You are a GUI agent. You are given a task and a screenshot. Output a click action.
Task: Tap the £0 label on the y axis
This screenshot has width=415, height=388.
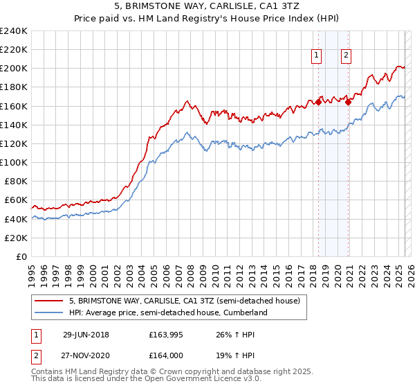coord(21,256)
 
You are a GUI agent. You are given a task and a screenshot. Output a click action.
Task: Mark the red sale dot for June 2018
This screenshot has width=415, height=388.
coord(318,102)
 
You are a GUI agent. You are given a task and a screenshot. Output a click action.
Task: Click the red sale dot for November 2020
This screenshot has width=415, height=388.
coord(348,102)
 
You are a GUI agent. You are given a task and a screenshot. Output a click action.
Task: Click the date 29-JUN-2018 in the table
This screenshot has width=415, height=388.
coord(86,335)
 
